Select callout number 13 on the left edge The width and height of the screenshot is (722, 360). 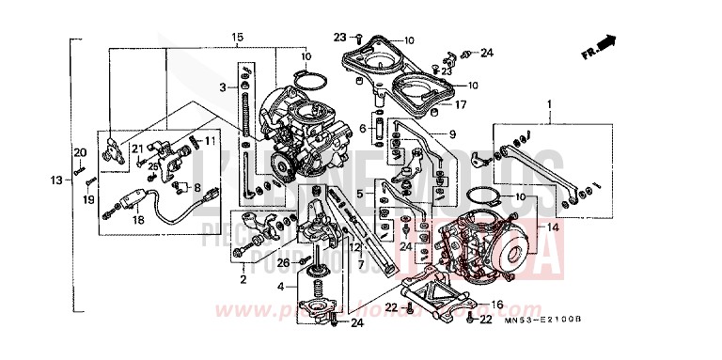click(56, 180)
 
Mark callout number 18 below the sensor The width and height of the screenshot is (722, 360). click(138, 219)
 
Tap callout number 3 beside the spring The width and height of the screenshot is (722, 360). click(223, 86)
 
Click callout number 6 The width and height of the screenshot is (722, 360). click(362, 128)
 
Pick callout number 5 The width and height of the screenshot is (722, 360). click(360, 193)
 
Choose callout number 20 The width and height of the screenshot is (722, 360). click(80, 152)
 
